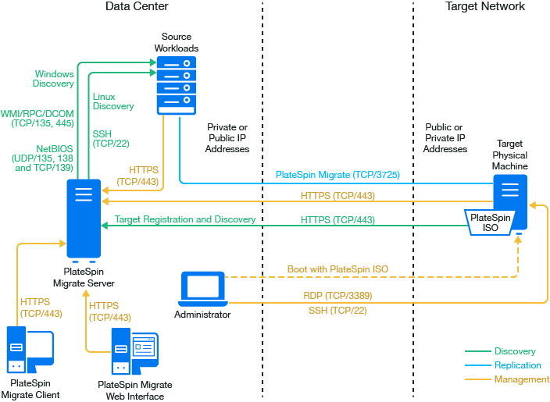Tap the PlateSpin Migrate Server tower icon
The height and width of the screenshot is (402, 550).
pos(83,219)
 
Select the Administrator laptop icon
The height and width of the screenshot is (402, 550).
pos(202,289)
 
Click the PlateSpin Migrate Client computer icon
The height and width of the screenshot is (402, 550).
pos(30,350)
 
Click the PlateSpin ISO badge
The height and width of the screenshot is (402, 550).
pos(488,222)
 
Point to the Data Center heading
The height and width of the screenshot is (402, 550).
pos(137,7)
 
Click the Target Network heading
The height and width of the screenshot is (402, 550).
pos(485,7)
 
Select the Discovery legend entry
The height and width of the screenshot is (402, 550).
pos(515,351)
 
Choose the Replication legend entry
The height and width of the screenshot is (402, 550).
pos(517,365)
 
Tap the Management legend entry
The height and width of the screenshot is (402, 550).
pos(521,379)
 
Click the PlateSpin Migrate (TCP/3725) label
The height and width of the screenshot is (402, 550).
pos(337,176)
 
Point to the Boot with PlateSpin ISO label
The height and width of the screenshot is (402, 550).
pos(337,269)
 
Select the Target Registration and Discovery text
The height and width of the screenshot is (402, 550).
pos(185,220)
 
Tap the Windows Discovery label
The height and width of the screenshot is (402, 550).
pos(54,79)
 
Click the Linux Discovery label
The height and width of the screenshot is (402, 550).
pos(113,101)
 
